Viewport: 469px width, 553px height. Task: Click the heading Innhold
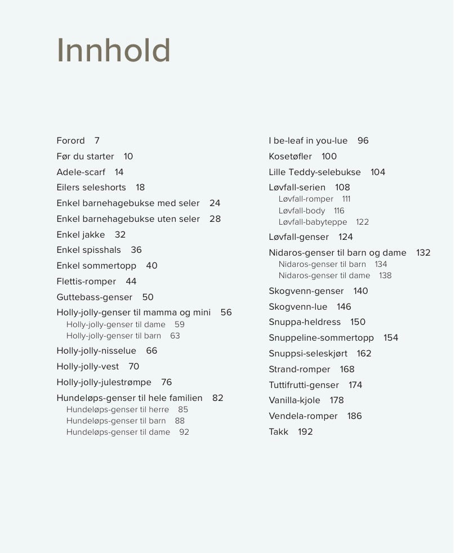click(x=113, y=51)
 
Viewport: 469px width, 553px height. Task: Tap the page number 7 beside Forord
click(x=97, y=141)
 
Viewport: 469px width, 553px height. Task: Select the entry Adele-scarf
click(x=81, y=172)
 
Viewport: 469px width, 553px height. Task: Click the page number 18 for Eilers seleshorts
click(x=140, y=188)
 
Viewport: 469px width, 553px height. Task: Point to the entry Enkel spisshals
click(x=88, y=250)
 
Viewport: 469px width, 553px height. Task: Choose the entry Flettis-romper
click(x=86, y=282)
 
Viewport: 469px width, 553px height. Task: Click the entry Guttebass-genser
click(x=94, y=297)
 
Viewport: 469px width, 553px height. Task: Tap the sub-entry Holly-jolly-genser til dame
click(x=116, y=324)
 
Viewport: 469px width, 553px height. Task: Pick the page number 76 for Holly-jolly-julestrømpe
click(x=167, y=382)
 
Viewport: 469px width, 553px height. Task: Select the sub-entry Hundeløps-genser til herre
click(x=118, y=409)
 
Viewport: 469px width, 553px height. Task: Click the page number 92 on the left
click(x=184, y=432)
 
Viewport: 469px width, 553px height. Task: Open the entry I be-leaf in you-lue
click(x=308, y=141)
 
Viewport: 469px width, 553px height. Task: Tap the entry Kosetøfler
click(x=290, y=157)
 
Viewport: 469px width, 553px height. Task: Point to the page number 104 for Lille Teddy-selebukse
click(x=378, y=172)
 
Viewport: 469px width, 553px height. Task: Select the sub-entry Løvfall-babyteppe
click(x=312, y=222)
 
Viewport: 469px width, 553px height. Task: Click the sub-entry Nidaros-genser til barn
click(x=322, y=264)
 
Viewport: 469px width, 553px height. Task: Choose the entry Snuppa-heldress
click(x=305, y=322)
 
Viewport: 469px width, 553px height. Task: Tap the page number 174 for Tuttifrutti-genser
click(x=355, y=385)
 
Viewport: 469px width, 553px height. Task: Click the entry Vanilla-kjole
click(x=294, y=400)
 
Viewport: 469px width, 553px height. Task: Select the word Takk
click(x=278, y=432)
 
